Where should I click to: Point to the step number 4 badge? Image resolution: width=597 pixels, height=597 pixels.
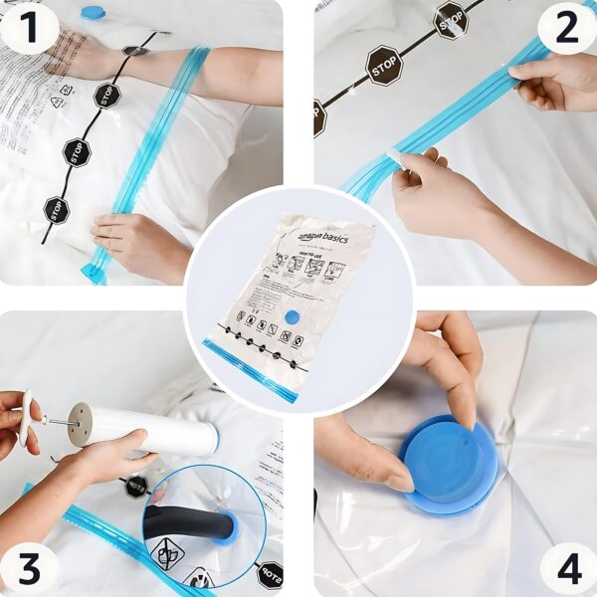pyautogui.click(x=567, y=568)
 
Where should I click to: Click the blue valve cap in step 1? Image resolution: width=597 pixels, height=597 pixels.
pyautogui.click(x=93, y=12)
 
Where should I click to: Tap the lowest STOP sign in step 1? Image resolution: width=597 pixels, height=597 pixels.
pyautogui.click(x=56, y=210)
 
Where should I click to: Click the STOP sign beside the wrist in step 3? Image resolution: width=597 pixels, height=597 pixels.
pyautogui.click(x=135, y=485)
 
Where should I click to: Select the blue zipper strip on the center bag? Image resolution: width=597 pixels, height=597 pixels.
pyautogui.click(x=249, y=368)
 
